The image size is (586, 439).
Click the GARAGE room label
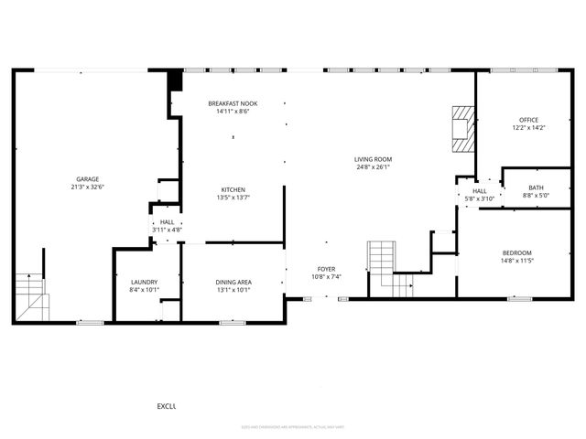point(88,179)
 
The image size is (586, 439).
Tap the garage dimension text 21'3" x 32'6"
point(88,187)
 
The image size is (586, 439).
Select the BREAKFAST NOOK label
point(232,104)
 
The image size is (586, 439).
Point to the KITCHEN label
point(232,189)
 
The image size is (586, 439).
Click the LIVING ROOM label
point(373,160)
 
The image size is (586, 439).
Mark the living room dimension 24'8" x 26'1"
point(373,167)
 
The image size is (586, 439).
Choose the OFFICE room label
point(528,120)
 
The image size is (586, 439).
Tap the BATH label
point(535,187)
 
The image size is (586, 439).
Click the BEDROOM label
point(516,252)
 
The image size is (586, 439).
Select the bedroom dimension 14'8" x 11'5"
point(516,260)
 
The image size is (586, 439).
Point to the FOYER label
point(326,269)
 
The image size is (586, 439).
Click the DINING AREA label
point(233,283)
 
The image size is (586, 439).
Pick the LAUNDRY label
point(145,283)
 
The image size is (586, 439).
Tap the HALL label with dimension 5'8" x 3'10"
point(479,191)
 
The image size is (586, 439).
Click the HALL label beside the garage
point(167,222)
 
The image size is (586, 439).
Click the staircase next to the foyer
point(383,267)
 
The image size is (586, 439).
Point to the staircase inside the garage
point(30,294)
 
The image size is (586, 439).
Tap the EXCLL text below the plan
point(166,406)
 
